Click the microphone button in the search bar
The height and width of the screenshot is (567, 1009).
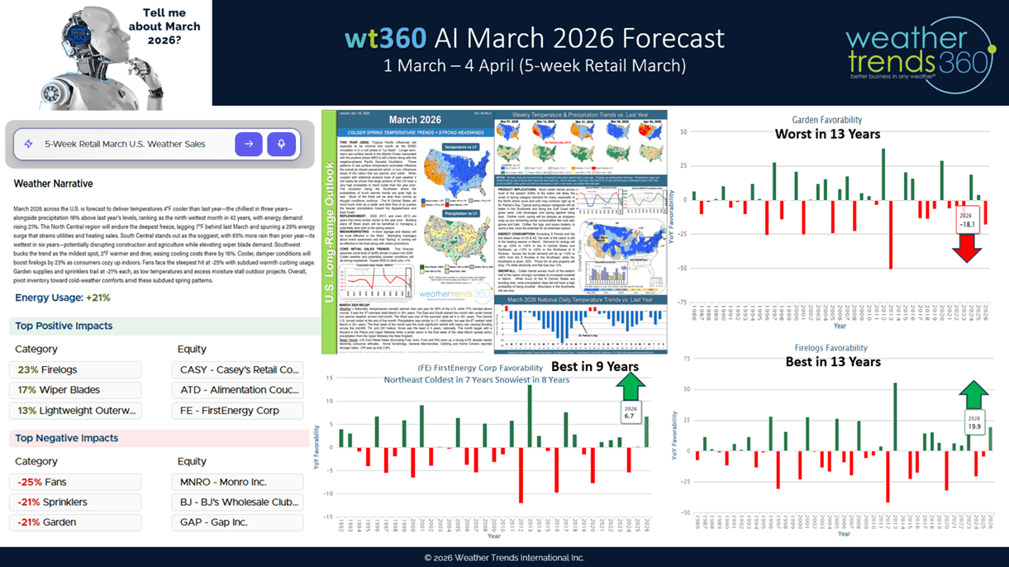[x=281, y=144]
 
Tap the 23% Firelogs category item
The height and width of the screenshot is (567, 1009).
[x=75, y=370]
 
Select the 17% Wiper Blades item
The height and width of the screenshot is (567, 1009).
[x=75, y=390]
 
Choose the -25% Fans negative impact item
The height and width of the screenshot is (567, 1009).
[x=75, y=482]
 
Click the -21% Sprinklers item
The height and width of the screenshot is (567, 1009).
[x=75, y=502]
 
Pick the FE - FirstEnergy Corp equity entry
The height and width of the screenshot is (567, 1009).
[x=237, y=411]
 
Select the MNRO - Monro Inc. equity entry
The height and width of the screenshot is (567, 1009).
[x=237, y=482]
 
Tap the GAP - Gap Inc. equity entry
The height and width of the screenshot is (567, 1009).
[x=237, y=522]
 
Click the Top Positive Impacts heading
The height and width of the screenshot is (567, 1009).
[x=64, y=326]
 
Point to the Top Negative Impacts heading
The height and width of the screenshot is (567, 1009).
[x=66, y=438]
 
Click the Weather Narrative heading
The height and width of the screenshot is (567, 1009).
[x=53, y=183]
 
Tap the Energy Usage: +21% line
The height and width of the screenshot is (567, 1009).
[x=63, y=298]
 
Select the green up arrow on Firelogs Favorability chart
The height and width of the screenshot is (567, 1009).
[x=974, y=395]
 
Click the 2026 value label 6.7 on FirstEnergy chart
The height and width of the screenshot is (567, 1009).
[x=630, y=412]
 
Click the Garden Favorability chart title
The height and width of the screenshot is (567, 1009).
[x=827, y=120]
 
